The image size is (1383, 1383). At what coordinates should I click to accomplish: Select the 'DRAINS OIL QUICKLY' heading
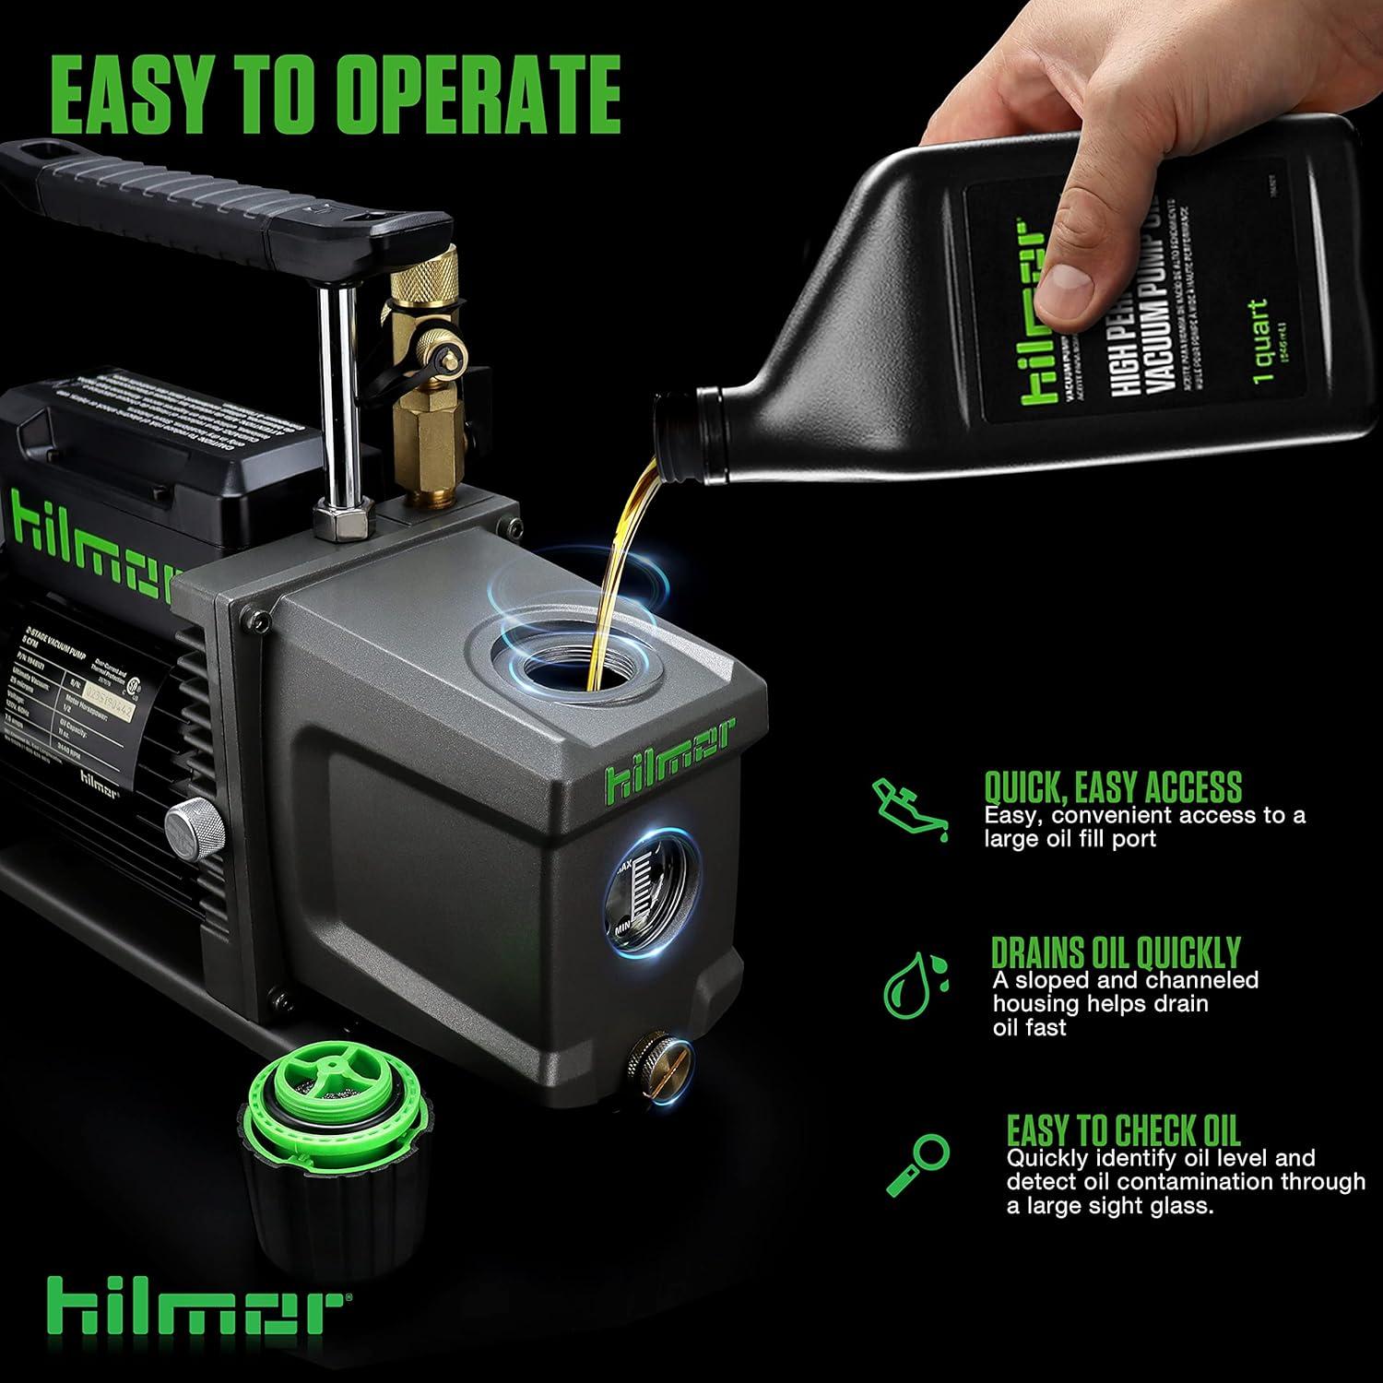(1116, 952)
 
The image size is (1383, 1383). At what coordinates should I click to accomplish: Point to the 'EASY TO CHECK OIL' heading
(1123, 1129)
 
